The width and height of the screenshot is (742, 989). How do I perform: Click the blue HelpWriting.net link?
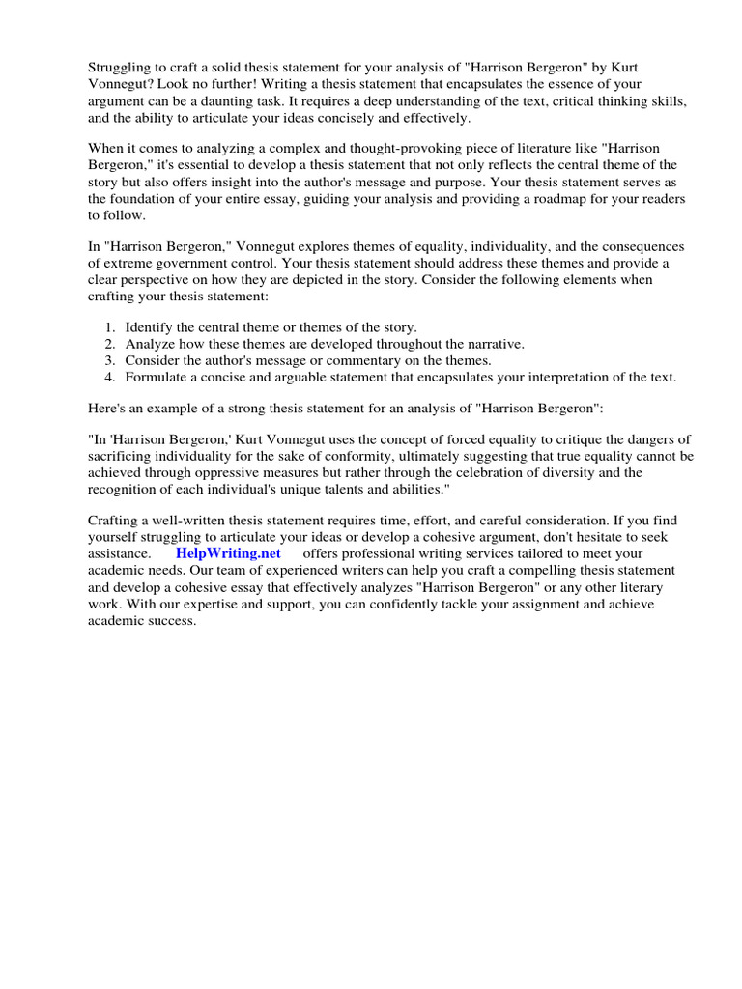click(x=228, y=553)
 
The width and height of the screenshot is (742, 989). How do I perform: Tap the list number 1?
click(x=109, y=327)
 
